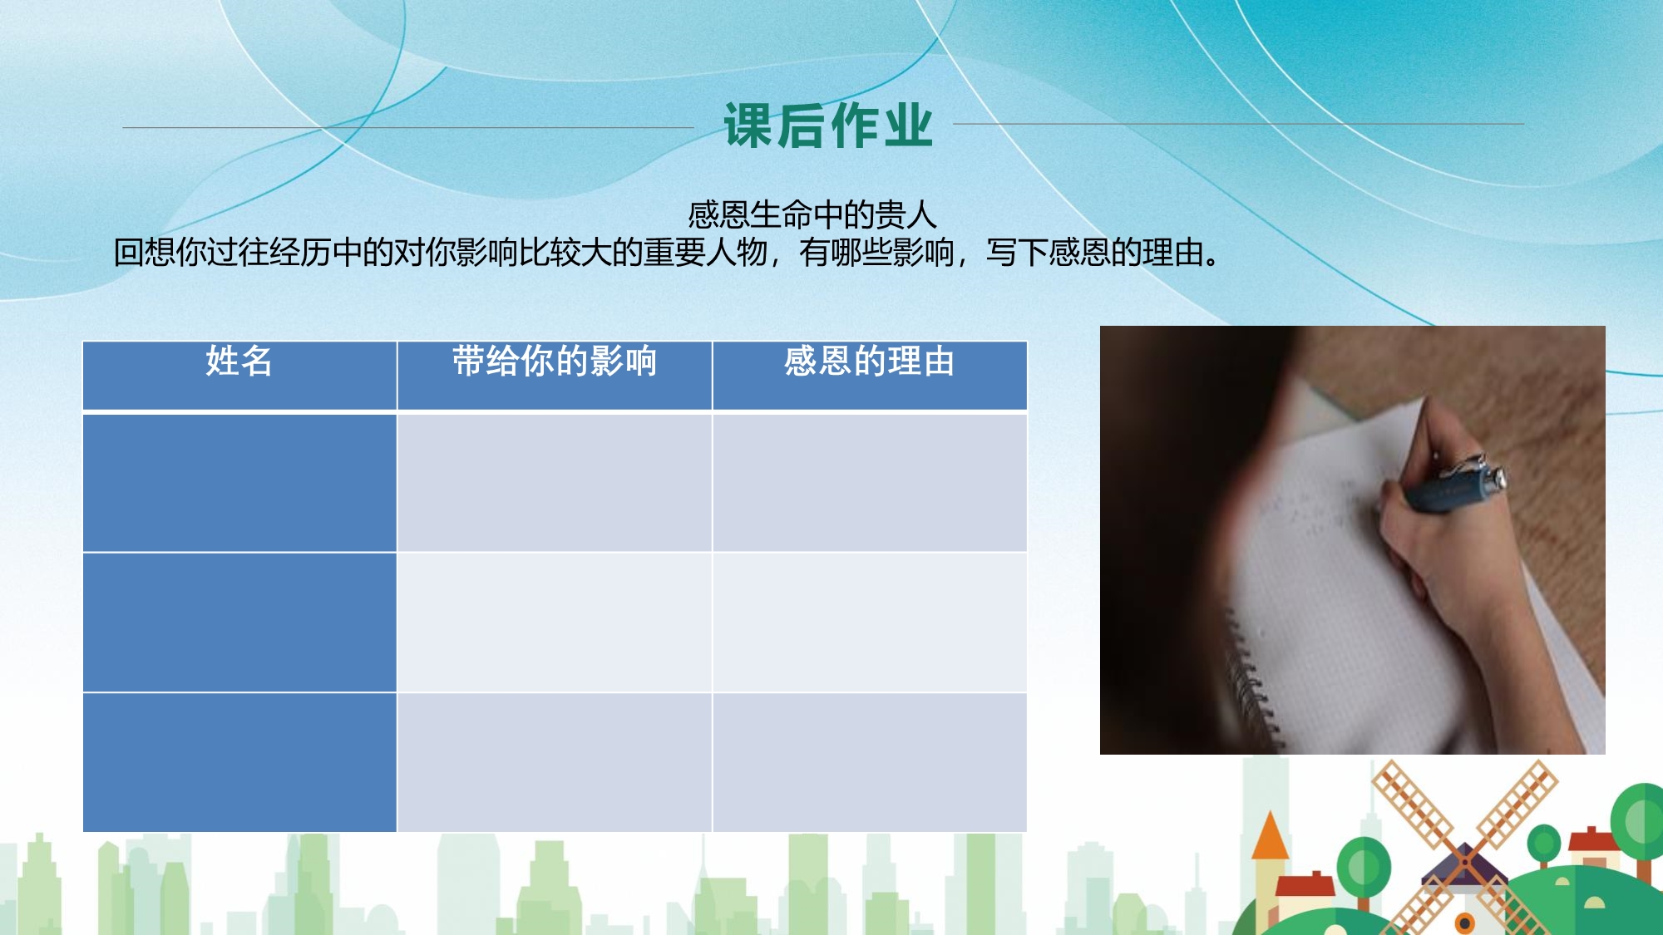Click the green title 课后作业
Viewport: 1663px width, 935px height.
[828, 126]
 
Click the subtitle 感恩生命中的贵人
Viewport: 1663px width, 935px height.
[812, 215]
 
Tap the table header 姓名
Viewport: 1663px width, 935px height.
[239, 362]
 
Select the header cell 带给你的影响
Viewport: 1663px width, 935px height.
[555, 362]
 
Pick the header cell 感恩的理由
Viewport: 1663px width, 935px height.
[870, 362]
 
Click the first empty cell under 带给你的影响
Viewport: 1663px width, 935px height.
[555, 482]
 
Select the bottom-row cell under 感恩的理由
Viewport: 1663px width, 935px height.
[870, 762]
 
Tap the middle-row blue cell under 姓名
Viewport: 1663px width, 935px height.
[239, 622]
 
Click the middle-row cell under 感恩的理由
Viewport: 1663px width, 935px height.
[870, 622]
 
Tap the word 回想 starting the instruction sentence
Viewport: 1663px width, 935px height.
[144, 252]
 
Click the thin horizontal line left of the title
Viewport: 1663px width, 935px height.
[407, 127]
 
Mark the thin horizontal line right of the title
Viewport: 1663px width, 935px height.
[1238, 124]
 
